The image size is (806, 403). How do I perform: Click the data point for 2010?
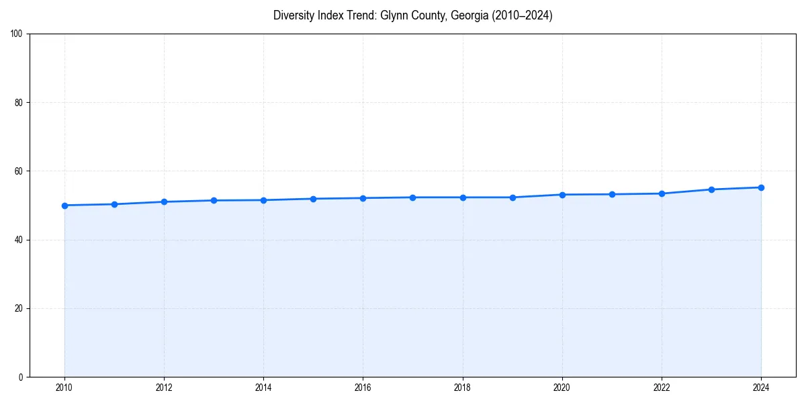(x=64, y=206)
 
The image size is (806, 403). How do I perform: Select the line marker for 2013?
(x=214, y=200)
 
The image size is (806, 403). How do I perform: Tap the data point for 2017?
(x=412, y=197)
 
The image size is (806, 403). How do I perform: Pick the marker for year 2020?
(x=562, y=195)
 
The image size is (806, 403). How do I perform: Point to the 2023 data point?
(x=711, y=189)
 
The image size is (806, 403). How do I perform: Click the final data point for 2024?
(x=761, y=187)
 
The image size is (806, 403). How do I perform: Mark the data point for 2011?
(x=114, y=204)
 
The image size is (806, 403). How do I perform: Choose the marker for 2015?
(x=313, y=199)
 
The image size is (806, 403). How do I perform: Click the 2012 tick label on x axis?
(x=164, y=388)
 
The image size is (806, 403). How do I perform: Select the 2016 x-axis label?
(x=363, y=388)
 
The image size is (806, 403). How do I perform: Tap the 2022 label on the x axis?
(x=662, y=388)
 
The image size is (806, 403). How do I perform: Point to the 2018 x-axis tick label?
(x=462, y=388)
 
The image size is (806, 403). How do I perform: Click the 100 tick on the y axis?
(x=17, y=34)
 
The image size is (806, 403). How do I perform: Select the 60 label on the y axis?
(x=19, y=171)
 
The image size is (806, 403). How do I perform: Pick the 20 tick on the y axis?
(x=19, y=308)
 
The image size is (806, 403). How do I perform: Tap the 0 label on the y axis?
(x=21, y=377)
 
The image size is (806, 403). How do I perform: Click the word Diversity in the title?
(x=292, y=15)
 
